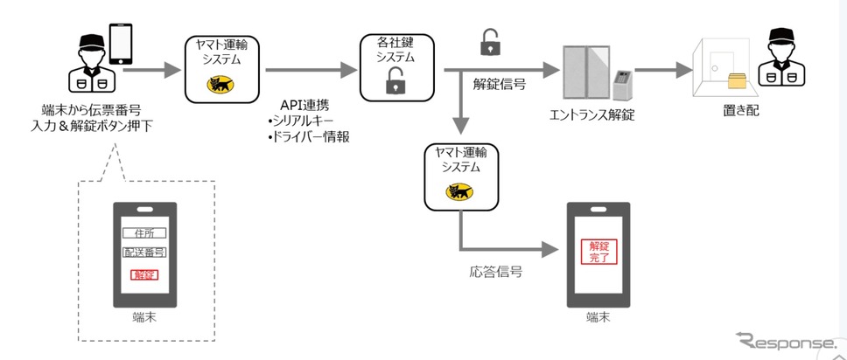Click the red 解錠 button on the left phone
[x=143, y=275]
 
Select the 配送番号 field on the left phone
[x=144, y=253]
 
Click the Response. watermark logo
[x=784, y=341]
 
